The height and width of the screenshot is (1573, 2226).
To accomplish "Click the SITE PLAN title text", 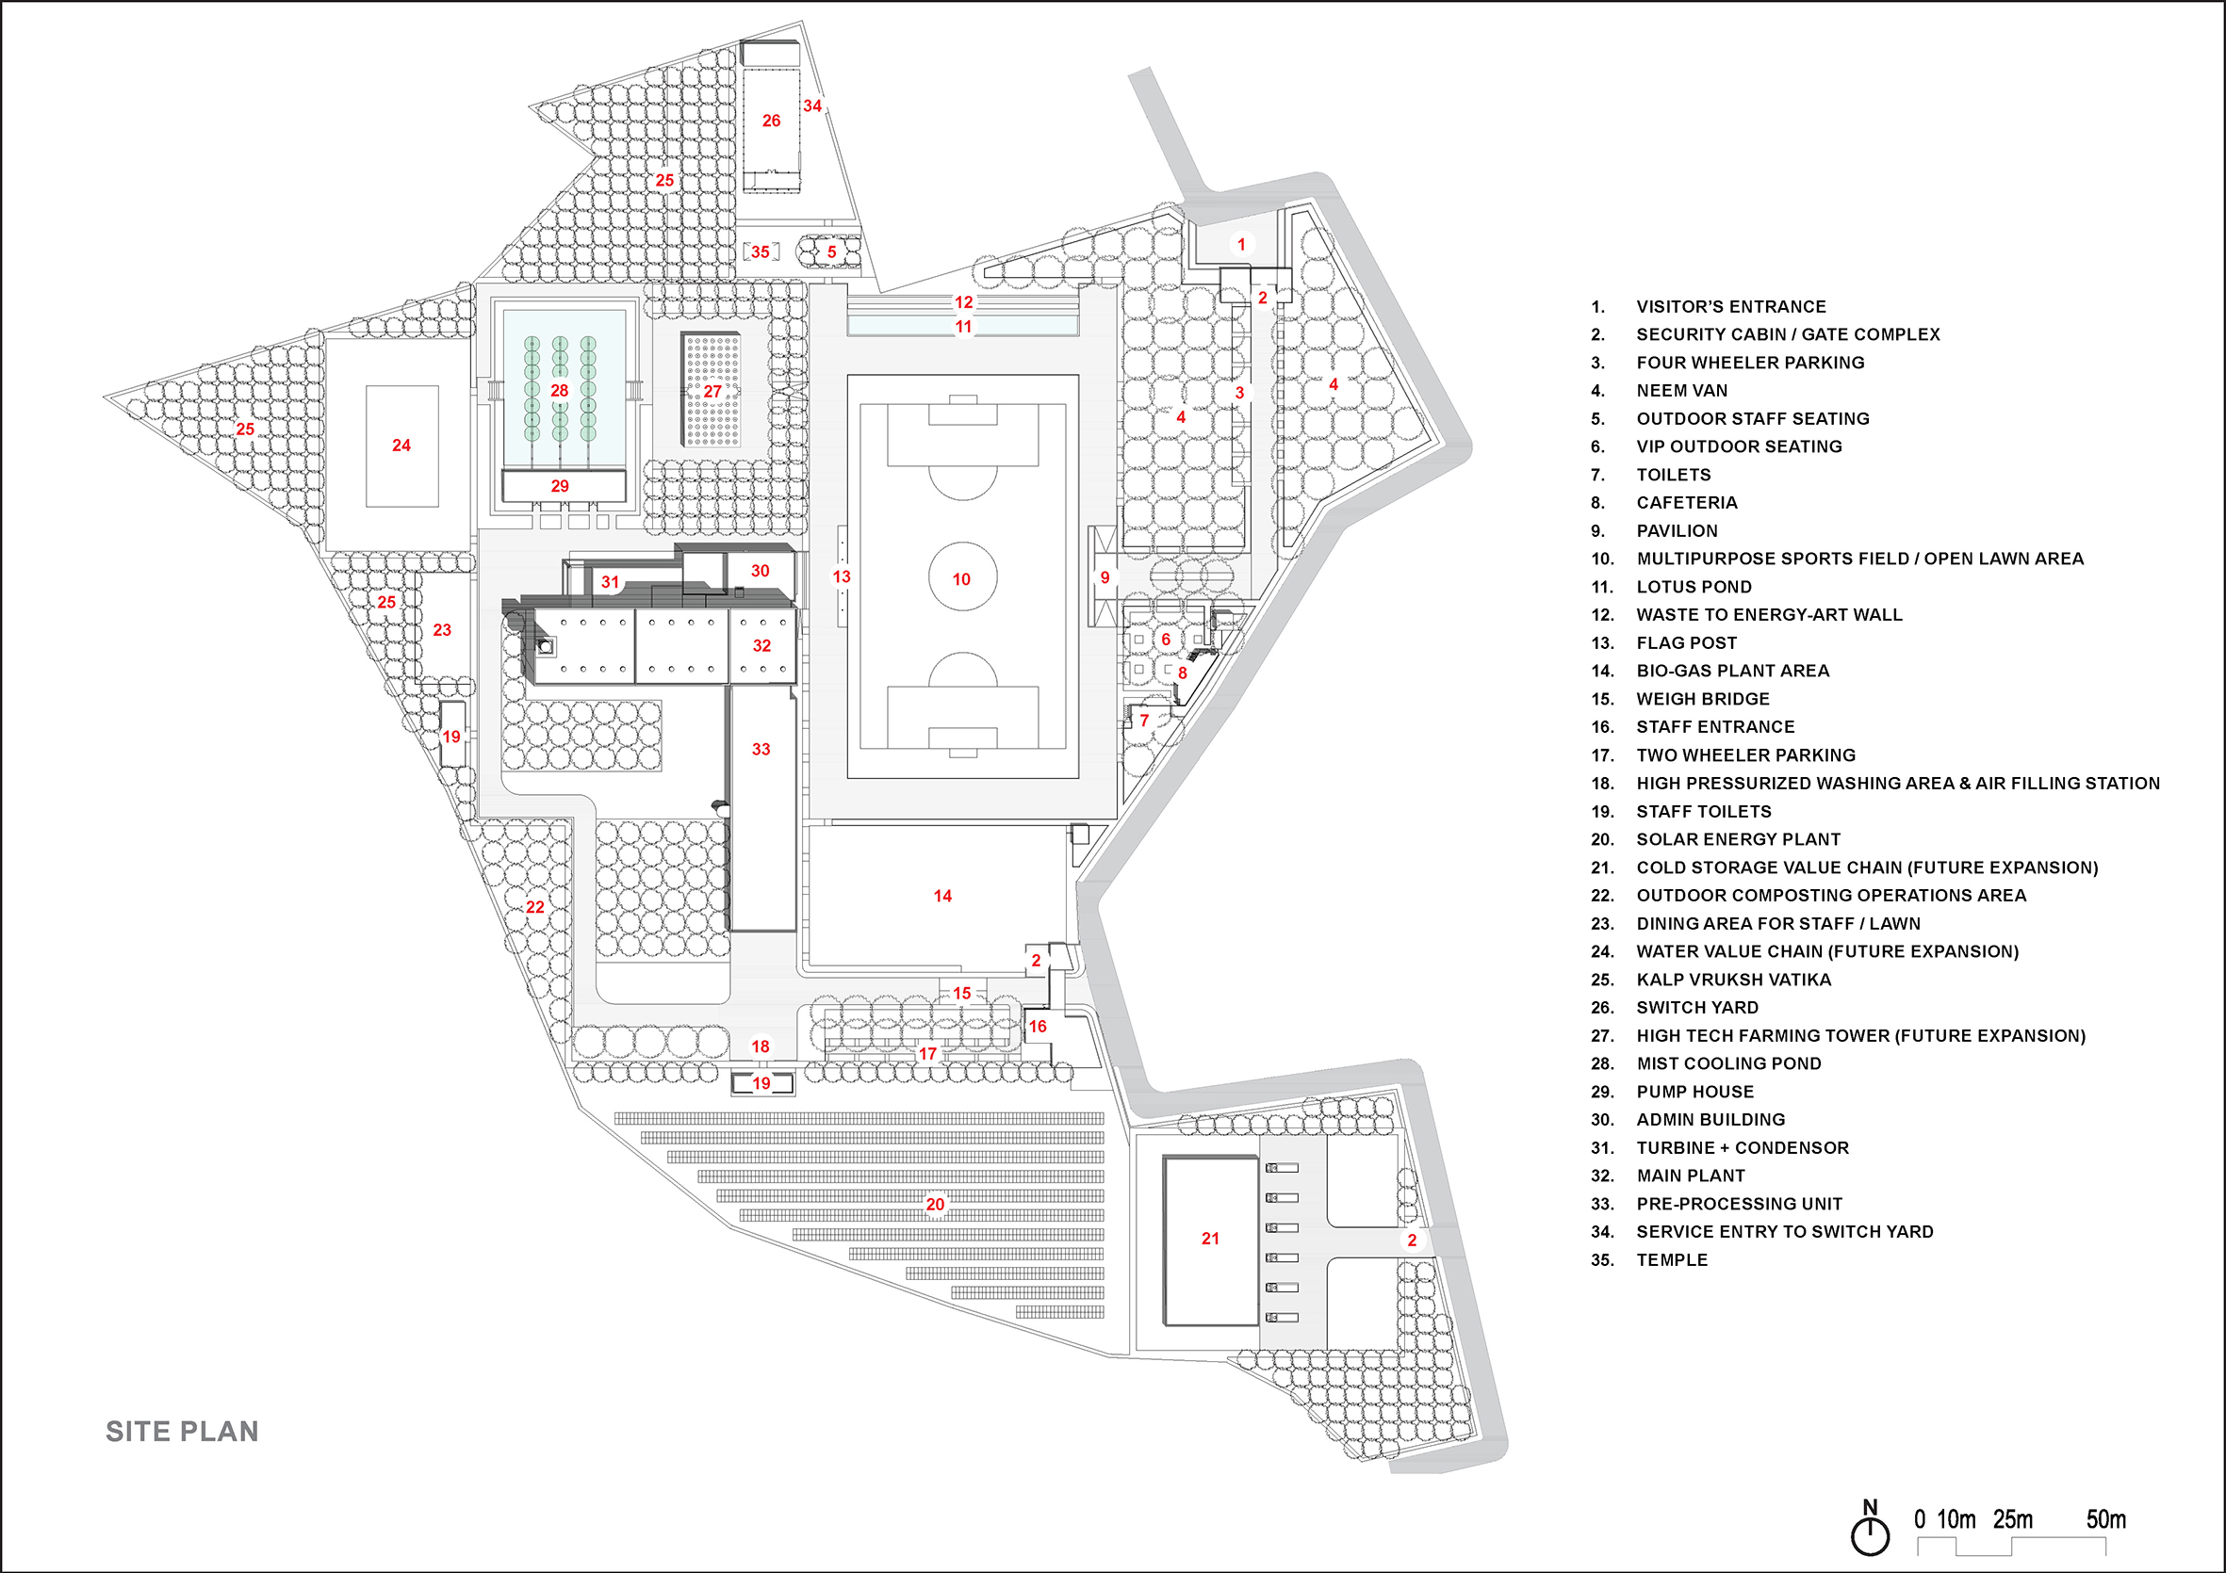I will pyautogui.click(x=182, y=1432).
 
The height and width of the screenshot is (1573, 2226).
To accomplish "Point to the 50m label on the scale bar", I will pyautogui.click(x=2104, y=1519).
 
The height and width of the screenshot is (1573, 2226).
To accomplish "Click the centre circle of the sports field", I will pyautogui.click(x=963, y=576).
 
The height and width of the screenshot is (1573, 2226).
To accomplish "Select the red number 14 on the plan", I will pyautogui.click(x=942, y=896).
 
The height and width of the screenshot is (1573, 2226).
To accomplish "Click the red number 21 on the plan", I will pyautogui.click(x=1210, y=1238).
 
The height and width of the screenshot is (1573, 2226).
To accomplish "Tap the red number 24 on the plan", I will pyautogui.click(x=401, y=445).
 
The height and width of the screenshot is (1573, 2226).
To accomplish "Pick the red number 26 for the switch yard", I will pyautogui.click(x=771, y=121).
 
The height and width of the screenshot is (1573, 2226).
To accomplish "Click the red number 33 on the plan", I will pyautogui.click(x=761, y=749).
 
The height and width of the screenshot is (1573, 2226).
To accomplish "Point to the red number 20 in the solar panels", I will pyautogui.click(x=935, y=1204).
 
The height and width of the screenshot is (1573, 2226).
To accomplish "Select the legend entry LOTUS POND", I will pyautogui.click(x=1694, y=587).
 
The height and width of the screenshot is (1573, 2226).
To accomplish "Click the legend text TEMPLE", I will pyautogui.click(x=1672, y=1260).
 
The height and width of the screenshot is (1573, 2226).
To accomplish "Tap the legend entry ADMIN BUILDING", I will pyautogui.click(x=1710, y=1119).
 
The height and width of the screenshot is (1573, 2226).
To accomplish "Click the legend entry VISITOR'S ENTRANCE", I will pyautogui.click(x=1730, y=306).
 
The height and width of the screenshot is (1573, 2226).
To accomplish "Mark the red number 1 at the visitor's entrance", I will pyautogui.click(x=1241, y=244).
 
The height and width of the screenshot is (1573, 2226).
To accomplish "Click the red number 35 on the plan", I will pyautogui.click(x=761, y=252).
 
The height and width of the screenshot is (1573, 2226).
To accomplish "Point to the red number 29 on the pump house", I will pyautogui.click(x=560, y=486).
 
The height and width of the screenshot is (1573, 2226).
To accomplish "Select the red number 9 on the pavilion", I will pyautogui.click(x=1105, y=577).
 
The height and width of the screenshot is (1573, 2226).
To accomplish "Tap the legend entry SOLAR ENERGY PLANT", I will pyautogui.click(x=1738, y=839).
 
